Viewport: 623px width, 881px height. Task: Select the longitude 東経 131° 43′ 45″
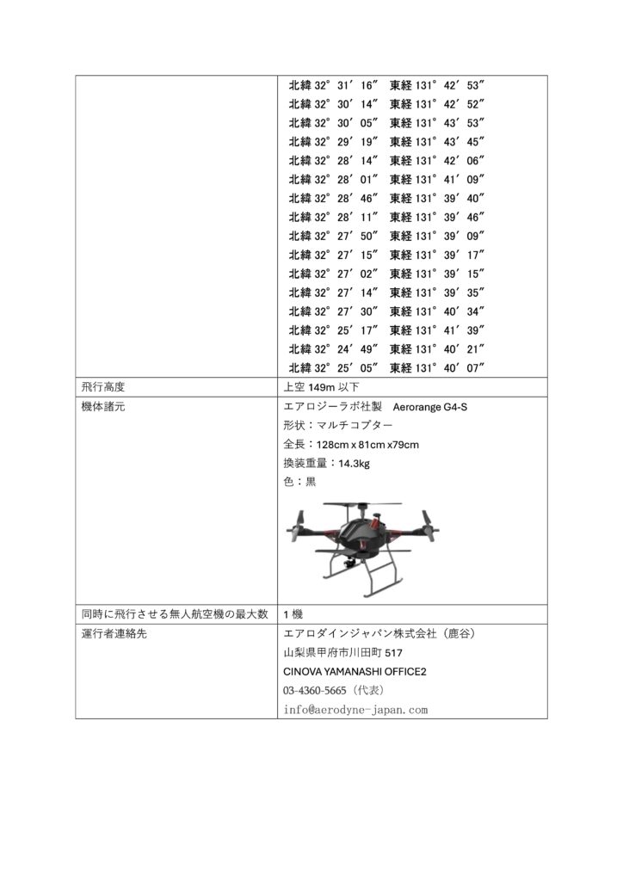438,142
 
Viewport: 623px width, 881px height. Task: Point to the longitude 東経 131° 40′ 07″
438,368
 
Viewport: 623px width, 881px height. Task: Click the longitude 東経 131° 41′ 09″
438,180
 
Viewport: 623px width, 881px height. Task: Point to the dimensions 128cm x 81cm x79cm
367,444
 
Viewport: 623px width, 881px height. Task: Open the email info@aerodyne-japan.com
355,710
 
